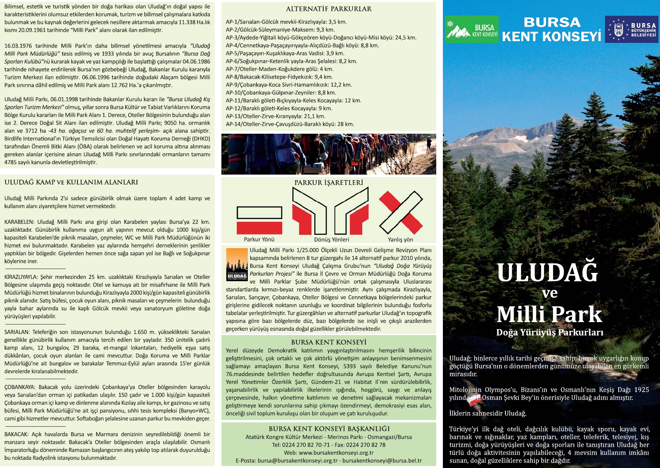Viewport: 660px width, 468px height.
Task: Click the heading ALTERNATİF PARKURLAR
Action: coord(328,9)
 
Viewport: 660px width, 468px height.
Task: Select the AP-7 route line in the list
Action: coord(279,69)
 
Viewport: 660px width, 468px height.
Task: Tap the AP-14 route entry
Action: coord(290,124)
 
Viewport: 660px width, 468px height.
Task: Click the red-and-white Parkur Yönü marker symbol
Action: coord(259,220)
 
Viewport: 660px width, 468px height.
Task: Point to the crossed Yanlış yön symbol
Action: coord(400,213)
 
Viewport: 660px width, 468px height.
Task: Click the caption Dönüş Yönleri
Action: coord(332,240)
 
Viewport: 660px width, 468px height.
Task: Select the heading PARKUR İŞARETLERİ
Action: coord(328,182)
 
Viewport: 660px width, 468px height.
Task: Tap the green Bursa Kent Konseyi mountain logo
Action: coord(472,29)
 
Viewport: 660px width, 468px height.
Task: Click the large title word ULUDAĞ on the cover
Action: coord(547,272)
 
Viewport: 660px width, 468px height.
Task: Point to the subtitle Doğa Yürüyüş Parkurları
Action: coord(549,333)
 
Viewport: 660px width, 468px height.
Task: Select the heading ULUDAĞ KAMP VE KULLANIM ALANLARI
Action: coord(71,182)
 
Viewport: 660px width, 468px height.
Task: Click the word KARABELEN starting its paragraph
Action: coord(19,222)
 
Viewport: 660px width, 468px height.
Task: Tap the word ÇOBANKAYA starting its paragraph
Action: coord(20,387)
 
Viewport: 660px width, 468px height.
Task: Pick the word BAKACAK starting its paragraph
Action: coord(16,434)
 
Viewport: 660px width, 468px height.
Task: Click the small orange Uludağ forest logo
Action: coord(237,264)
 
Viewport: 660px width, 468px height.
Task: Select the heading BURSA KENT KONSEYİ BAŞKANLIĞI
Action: coord(329,429)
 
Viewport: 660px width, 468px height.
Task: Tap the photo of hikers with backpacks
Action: coord(328,154)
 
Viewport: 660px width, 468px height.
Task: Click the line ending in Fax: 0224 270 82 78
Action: coord(328,445)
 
